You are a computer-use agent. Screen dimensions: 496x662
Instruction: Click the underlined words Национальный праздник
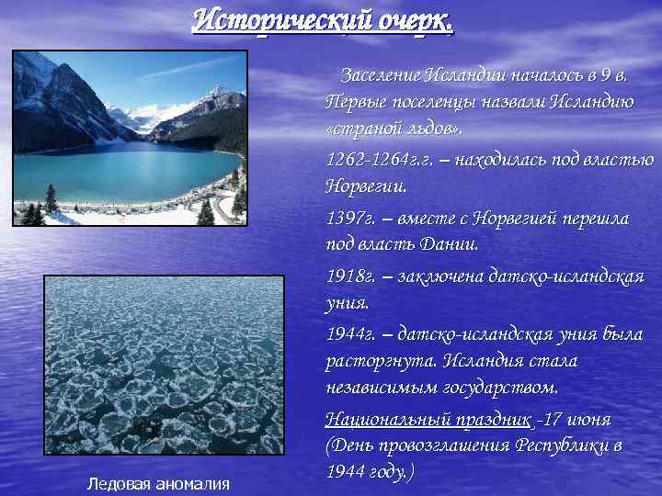[x=428, y=420]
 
